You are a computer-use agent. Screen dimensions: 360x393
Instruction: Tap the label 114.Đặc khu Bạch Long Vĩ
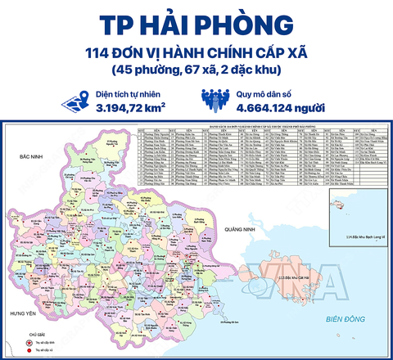coord(359,237)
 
